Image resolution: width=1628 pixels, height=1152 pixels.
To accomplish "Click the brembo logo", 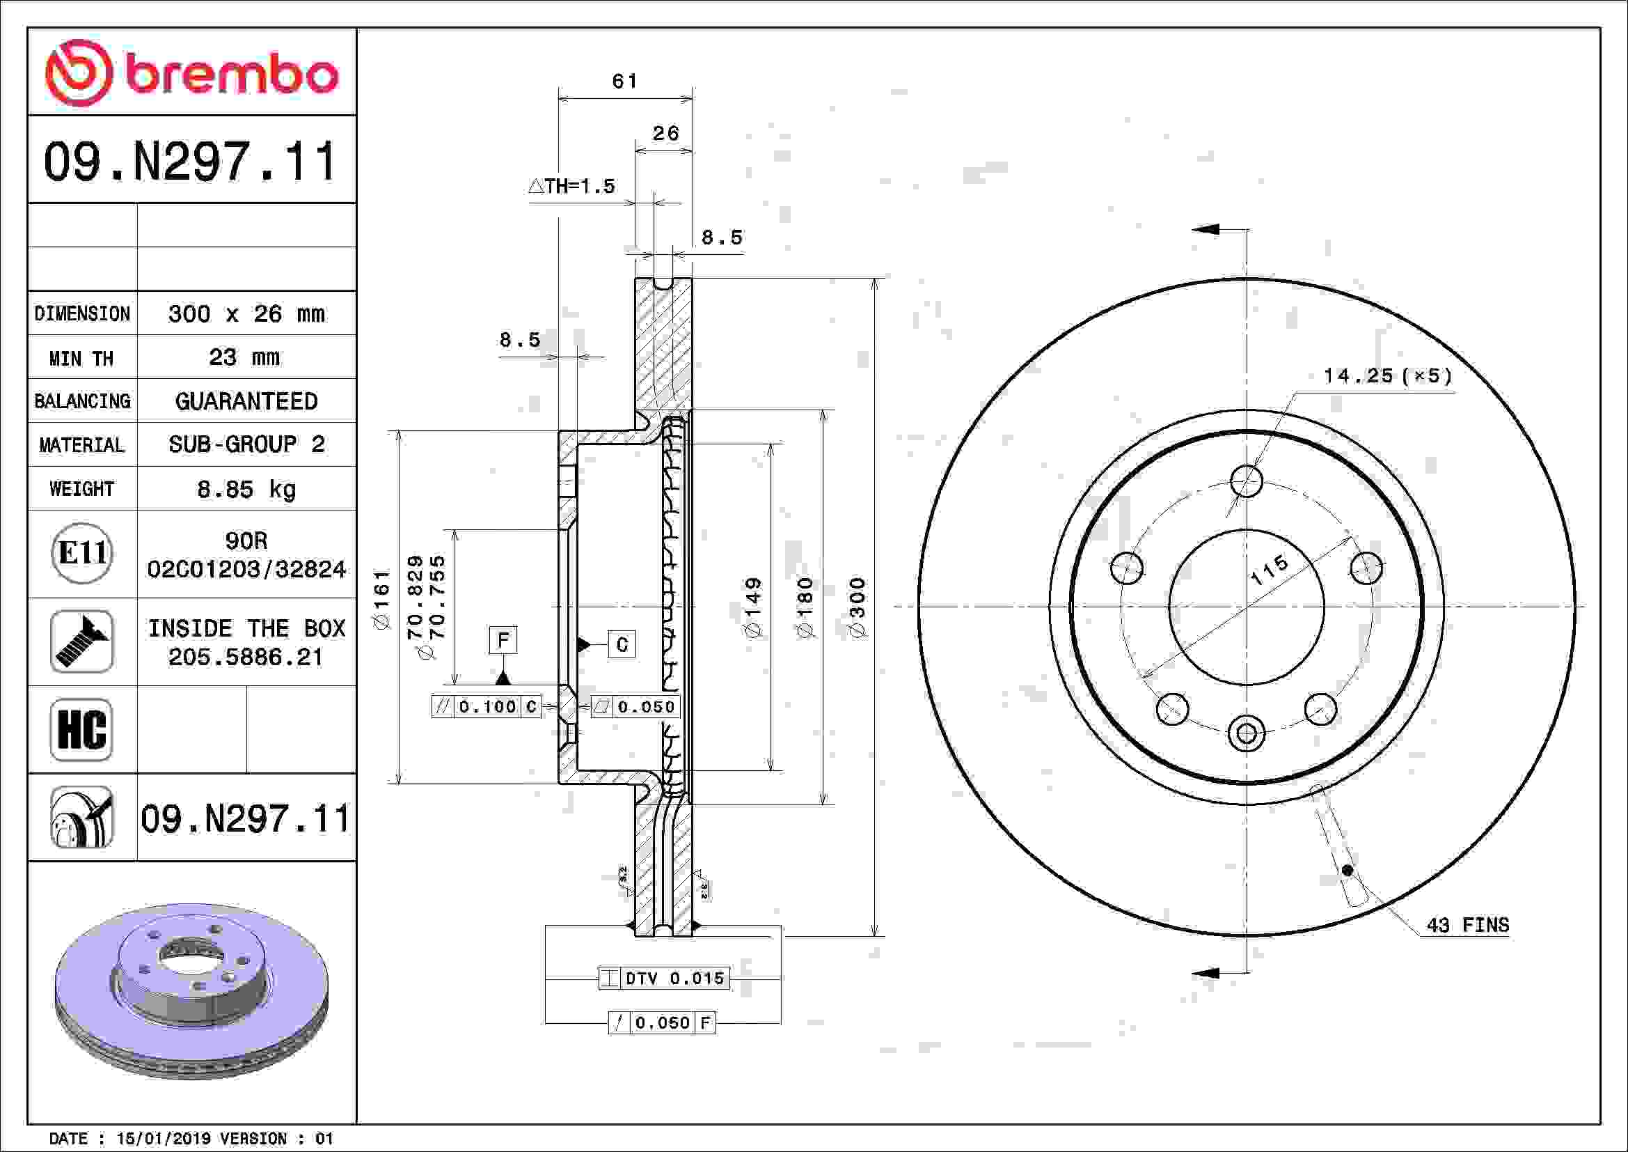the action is [191, 73].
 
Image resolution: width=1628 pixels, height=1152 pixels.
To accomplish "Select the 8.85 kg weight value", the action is [246, 489].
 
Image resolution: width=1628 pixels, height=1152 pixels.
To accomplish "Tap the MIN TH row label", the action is [81, 358].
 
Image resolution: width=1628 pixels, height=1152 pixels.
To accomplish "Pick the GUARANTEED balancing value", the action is [246, 400].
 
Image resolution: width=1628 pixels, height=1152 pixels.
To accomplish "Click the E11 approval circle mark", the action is [82, 553].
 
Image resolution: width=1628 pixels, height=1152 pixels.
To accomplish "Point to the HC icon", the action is [81, 729].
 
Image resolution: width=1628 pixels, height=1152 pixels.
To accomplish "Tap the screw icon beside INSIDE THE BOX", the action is [81, 641].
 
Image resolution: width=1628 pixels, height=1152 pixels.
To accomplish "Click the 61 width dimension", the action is [624, 81].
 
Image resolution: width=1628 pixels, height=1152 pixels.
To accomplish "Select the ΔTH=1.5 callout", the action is [571, 186].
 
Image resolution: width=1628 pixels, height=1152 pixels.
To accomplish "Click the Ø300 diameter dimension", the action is [858, 607].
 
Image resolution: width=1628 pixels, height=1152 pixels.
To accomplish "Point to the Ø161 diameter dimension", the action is [381, 600].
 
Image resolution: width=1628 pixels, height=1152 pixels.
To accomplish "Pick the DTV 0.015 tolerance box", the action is [664, 978].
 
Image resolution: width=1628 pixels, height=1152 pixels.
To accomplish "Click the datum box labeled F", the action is [503, 640].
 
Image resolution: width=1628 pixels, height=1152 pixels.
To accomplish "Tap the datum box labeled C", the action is [622, 644].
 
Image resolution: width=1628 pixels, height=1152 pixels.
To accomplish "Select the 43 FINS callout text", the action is [1468, 925].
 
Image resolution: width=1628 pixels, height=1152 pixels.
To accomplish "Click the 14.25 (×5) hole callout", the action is [1388, 375].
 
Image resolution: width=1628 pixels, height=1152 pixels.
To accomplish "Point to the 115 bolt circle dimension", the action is [1269, 570].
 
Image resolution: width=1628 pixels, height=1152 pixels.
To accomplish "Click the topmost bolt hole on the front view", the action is [1247, 481].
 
